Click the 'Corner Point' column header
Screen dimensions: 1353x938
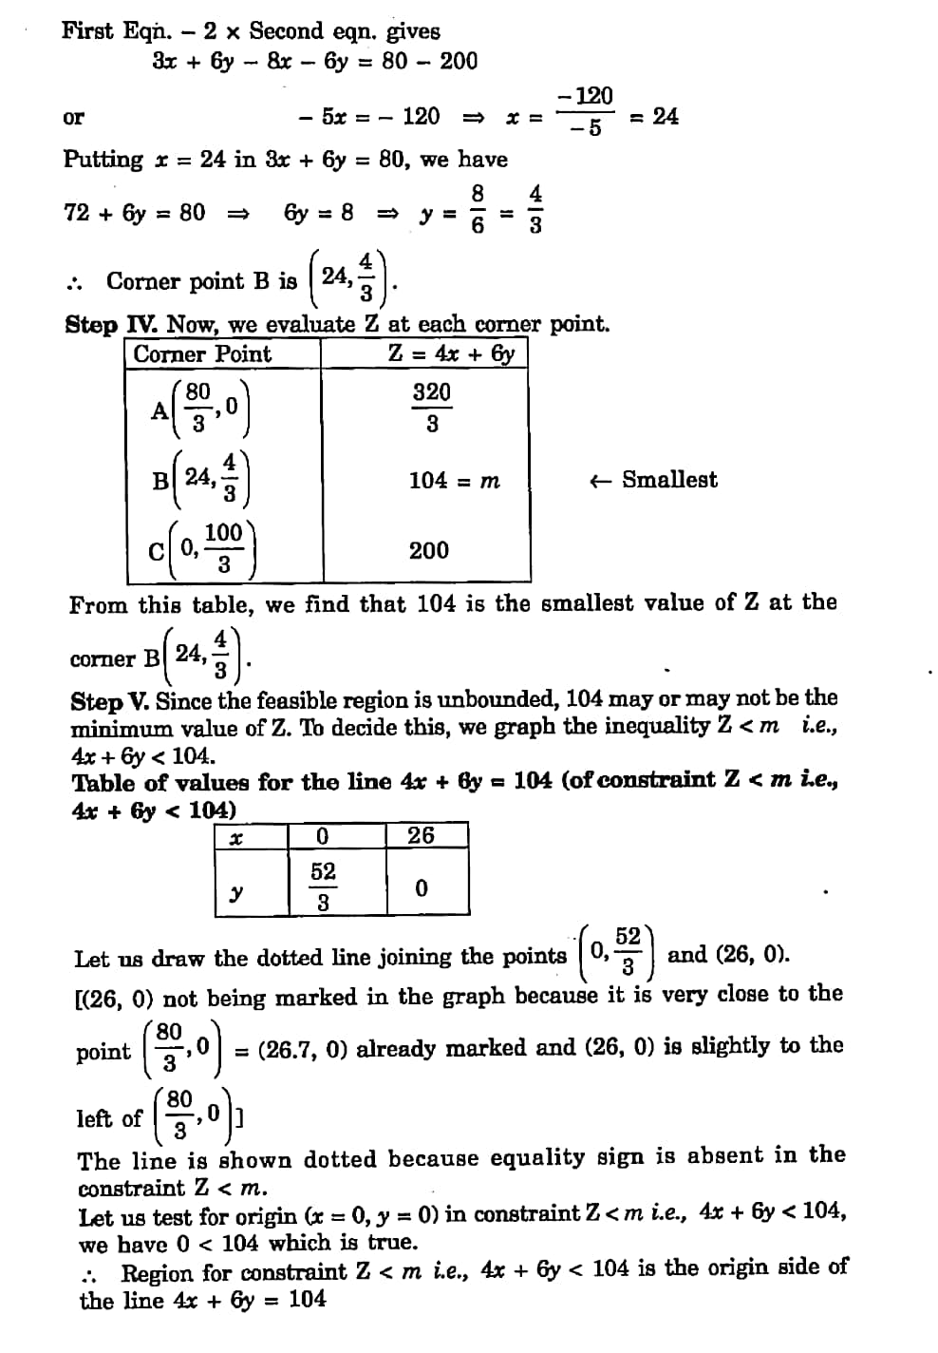click(x=202, y=354)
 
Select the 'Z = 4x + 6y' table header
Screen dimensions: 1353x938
click(x=452, y=353)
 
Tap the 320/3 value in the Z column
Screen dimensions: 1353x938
click(x=432, y=407)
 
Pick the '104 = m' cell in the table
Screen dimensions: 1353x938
click(x=454, y=481)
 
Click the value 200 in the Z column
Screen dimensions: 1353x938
click(x=429, y=550)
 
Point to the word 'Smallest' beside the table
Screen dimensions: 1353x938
click(x=669, y=480)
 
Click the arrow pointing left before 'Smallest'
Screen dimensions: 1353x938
click(x=599, y=481)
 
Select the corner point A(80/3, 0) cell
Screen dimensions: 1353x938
click(x=200, y=408)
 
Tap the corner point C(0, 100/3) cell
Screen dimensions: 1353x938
click(x=202, y=548)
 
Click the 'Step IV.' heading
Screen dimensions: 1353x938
click(x=114, y=325)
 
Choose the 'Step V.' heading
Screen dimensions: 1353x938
click(x=110, y=702)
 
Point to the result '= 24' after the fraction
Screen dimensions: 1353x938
click(x=654, y=117)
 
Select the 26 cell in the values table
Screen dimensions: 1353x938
click(x=421, y=835)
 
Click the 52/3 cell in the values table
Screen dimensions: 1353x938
click(x=323, y=886)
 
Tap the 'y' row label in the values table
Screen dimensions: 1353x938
click(x=237, y=892)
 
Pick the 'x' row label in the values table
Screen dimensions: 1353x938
click(x=236, y=837)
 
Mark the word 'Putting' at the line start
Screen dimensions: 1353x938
click(x=103, y=160)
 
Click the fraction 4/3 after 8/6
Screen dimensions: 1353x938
click(x=535, y=209)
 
